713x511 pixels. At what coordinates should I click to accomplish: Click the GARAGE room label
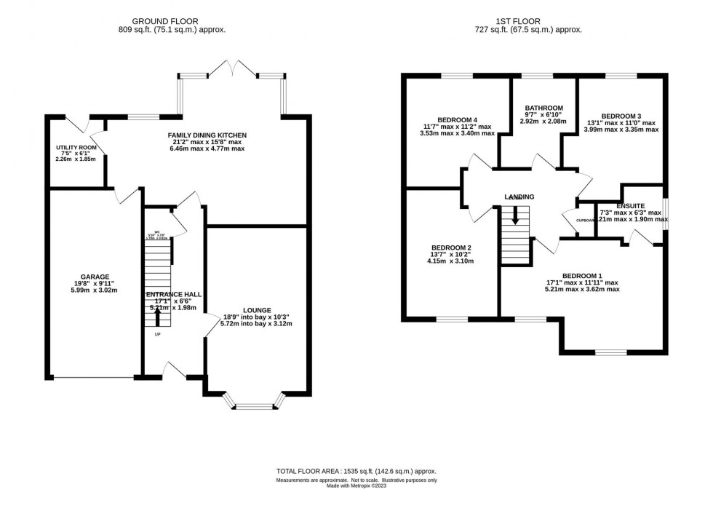pyautogui.click(x=95, y=277)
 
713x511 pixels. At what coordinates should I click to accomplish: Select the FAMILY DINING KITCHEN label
pyautogui.click(x=207, y=135)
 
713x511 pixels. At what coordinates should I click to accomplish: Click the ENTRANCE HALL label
pyautogui.click(x=173, y=294)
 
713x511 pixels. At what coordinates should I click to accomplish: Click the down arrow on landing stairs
pyautogui.click(x=516, y=215)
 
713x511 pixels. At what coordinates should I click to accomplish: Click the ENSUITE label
pyautogui.click(x=629, y=206)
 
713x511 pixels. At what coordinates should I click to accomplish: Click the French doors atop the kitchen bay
pyautogui.click(x=231, y=68)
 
